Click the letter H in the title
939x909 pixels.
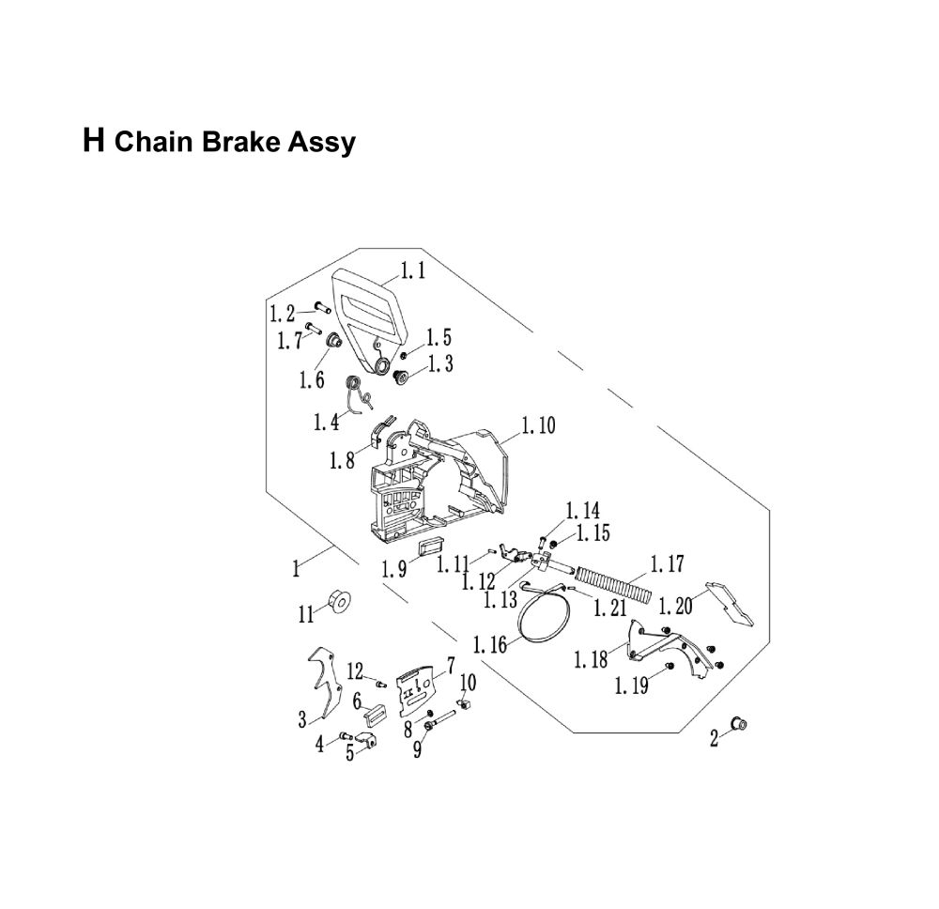point(93,141)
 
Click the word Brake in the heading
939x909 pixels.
point(230,143)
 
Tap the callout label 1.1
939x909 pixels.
point(413,271)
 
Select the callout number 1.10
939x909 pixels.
point(536,426)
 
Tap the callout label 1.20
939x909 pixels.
point(675,606)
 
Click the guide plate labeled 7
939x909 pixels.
point(418,690)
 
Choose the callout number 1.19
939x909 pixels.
point(631,686)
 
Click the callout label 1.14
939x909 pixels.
point(582,511)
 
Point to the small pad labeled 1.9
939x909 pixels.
point(432,551)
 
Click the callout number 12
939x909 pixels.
point(355,670)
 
